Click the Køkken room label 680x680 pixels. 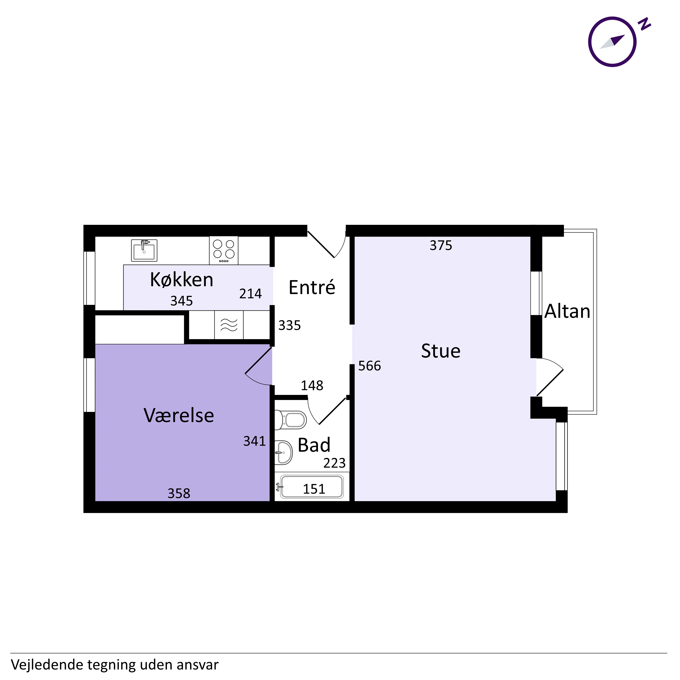pos(182,280)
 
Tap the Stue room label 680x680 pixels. pos(441,351)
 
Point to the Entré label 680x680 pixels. pos(312,287)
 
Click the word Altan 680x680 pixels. pos(567,311)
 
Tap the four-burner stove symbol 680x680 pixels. pos(224,250)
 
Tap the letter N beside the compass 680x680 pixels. pos(644,24)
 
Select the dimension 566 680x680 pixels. pos(370,366)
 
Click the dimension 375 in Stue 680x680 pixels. pos(441,245)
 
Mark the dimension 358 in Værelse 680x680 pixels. pos(179,494)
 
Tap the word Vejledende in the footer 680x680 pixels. pos(46,665)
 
